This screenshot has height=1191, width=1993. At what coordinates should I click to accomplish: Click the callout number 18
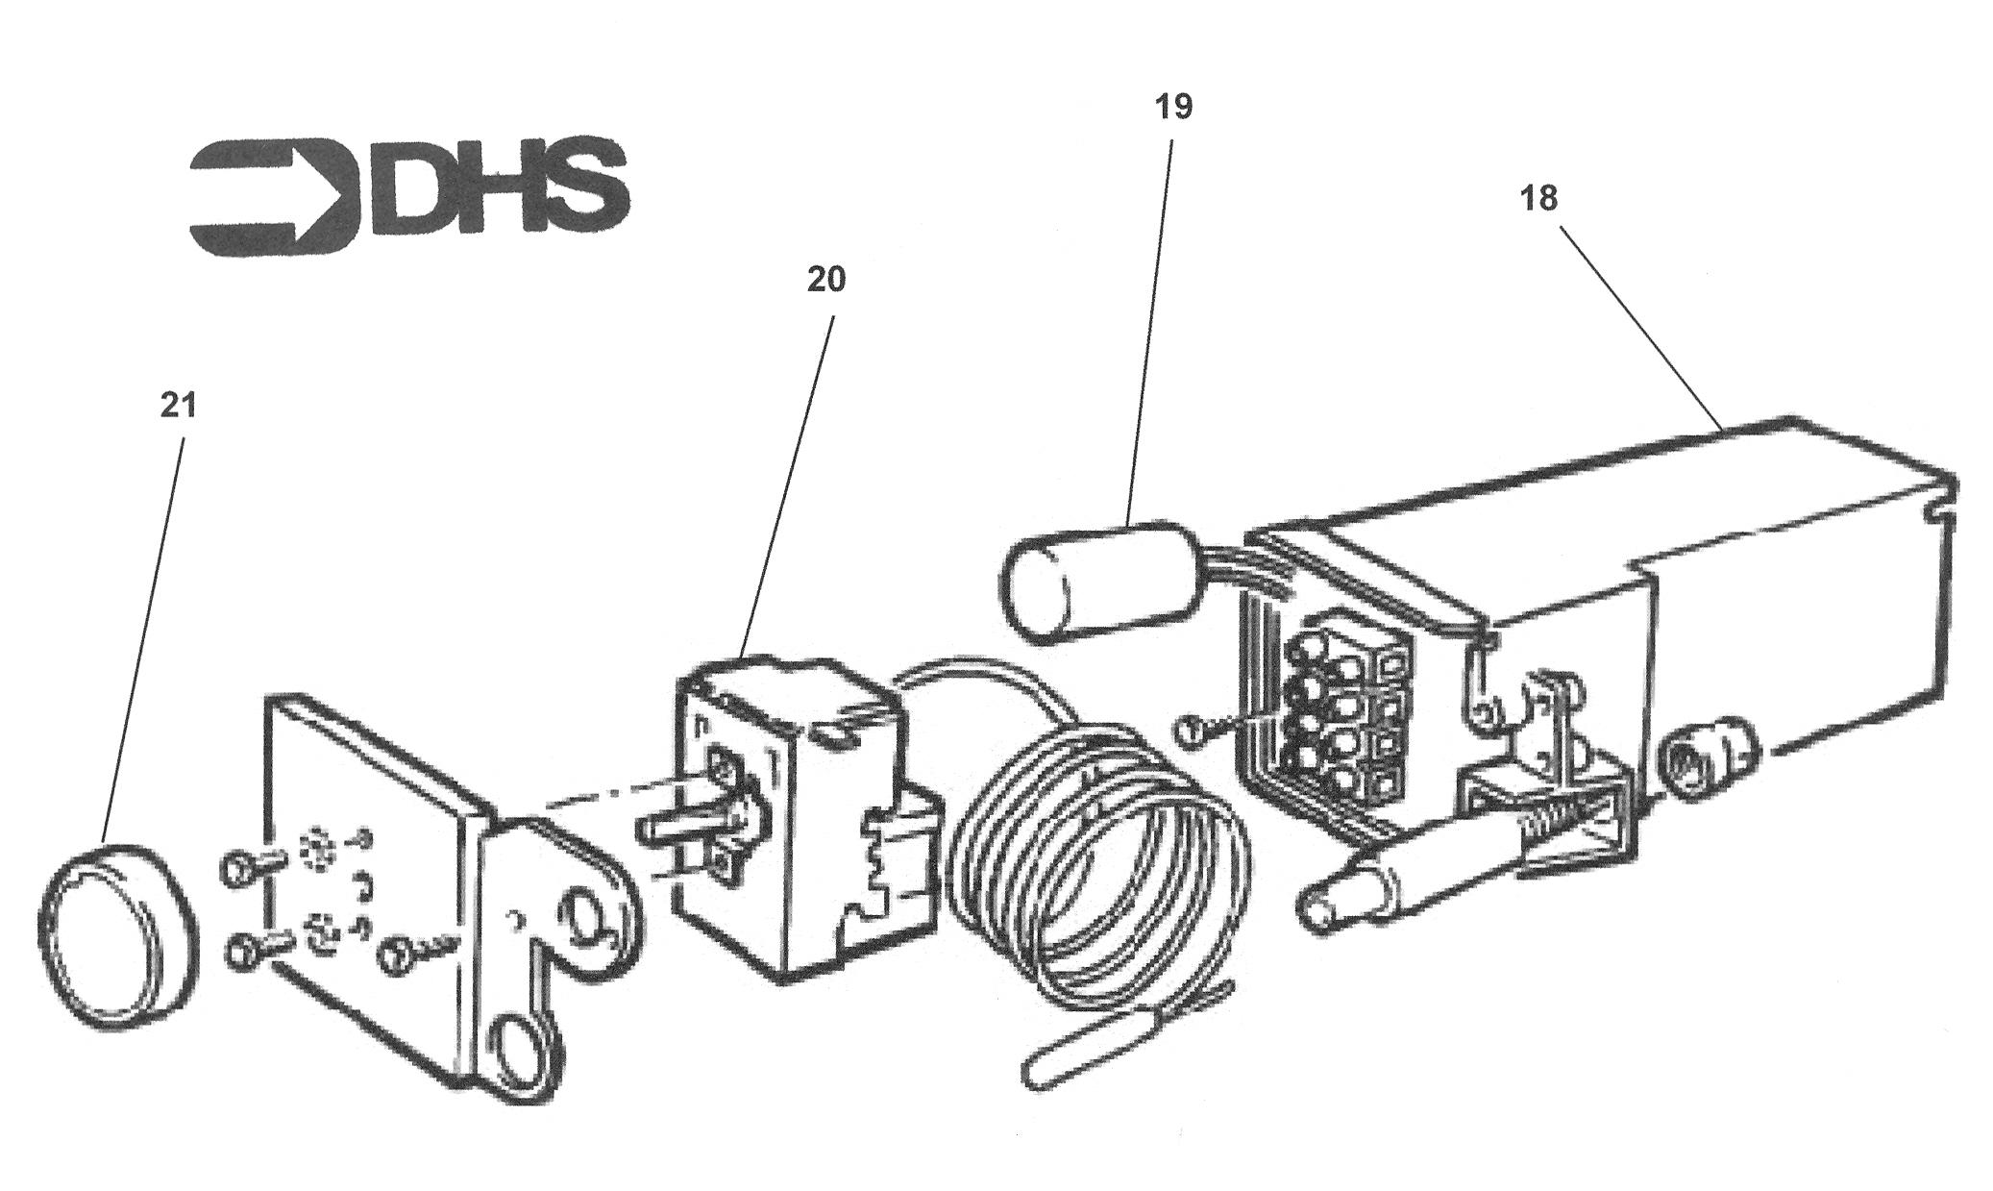coord(1538,199)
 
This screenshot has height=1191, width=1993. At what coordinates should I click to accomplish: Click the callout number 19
coord(1173,106)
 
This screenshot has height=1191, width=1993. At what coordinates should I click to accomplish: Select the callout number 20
coord(825,280)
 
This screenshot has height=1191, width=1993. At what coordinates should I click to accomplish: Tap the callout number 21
coord(178,406)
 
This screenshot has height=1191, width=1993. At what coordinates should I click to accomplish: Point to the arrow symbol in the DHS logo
coord(275,197)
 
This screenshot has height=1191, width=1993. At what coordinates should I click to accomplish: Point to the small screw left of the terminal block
coord(1201,732)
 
